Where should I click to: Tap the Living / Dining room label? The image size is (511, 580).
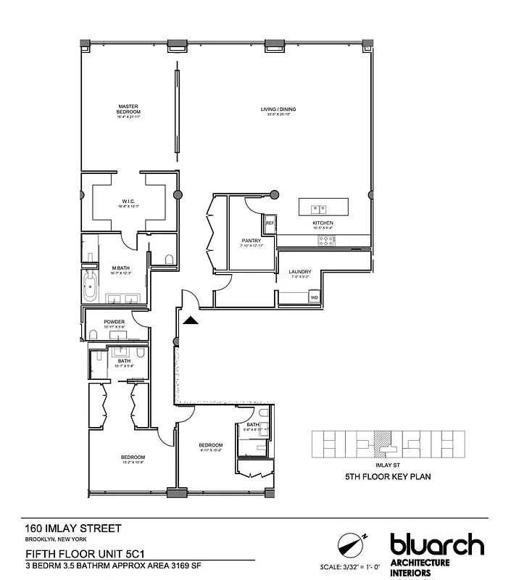(278, 109)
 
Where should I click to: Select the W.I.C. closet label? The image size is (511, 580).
(128, 202)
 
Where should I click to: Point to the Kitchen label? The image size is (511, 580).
(323, 223)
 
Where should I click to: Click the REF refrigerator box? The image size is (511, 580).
(269, 223)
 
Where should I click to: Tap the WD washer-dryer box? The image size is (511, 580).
(314, 297)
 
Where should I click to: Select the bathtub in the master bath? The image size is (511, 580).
(91, 289)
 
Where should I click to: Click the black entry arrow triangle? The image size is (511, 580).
(190, 321)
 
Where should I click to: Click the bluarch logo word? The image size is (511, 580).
(436, 544)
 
